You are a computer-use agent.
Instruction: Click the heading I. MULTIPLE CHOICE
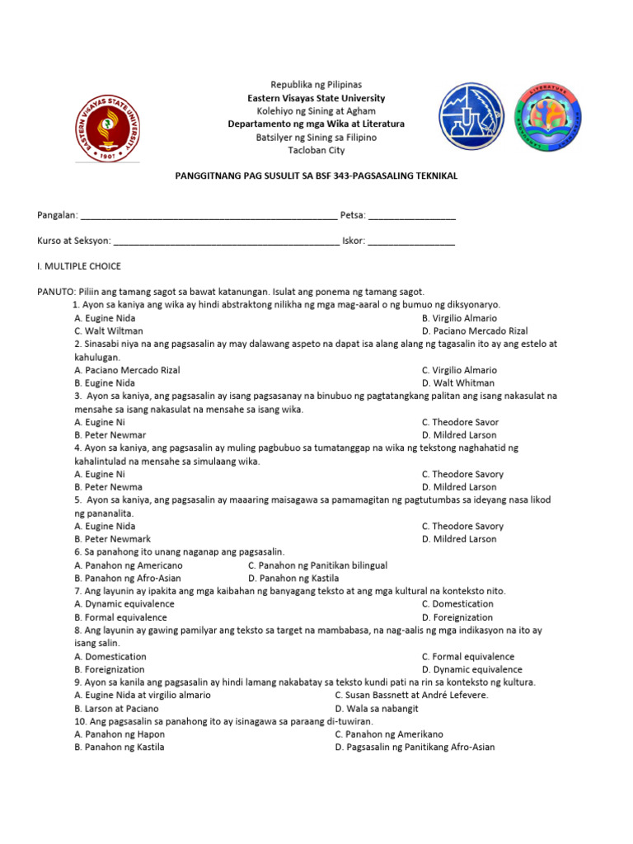[79, 266]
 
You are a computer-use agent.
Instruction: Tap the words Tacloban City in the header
[316, 150]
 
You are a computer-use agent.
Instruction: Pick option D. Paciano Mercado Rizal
[475, 331]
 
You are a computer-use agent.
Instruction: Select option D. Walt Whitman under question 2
[458, 383]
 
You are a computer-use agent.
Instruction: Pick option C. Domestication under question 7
[457, 604]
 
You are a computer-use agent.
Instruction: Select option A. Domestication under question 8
[110, 657]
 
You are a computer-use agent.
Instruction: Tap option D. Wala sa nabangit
[377, 708]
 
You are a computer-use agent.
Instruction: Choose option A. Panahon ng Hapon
[120, 734]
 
